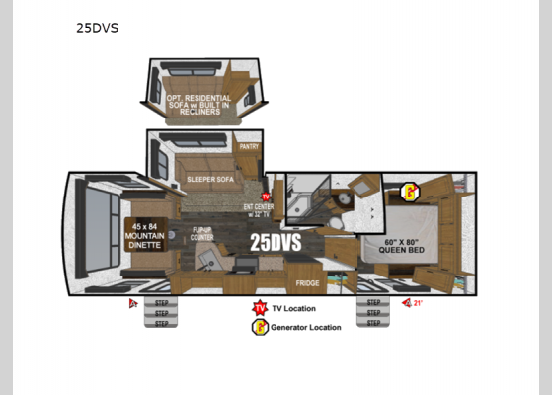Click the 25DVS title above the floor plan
(97, 28)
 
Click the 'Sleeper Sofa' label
(209, 180)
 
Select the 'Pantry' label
(249, 147)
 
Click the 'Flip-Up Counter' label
(203, 234)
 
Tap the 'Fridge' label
(307, 283)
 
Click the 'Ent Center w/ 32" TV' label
(258, 211)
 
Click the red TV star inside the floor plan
(265, 197)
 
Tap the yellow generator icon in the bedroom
(408, 192)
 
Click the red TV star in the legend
(260, 308)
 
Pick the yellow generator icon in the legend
(260, 327)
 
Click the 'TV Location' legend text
(294, 308)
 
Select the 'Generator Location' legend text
(307, 327)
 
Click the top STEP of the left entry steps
(160, 303)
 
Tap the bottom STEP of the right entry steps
(373, 323)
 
